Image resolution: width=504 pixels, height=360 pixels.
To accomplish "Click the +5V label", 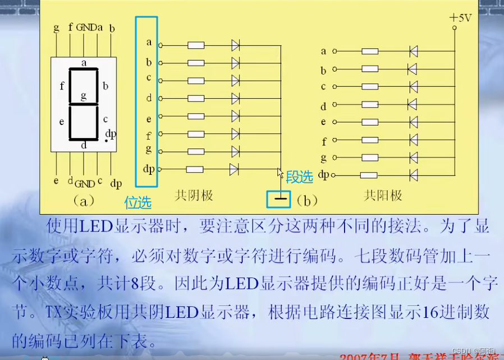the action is [460, 17].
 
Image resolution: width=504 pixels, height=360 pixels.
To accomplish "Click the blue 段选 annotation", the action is [299, 177].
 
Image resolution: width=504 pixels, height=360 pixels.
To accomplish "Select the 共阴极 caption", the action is [194, 195].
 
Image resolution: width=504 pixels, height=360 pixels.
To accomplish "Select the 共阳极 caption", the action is [383, 195].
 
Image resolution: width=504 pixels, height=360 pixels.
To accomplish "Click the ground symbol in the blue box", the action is [281, 199].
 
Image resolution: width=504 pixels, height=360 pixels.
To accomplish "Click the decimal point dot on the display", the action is [106, 141].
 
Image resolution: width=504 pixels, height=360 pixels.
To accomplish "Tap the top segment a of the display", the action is [84, 69].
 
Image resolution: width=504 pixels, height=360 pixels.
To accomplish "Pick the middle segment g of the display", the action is [84, 104].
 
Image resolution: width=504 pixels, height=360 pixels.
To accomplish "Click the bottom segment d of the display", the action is [84, 139].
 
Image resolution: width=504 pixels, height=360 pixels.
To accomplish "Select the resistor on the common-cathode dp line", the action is [195, 169].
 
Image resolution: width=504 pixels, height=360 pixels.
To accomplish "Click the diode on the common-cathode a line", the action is [235, 45].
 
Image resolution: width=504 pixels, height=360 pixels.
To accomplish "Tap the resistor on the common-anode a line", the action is [370, 52].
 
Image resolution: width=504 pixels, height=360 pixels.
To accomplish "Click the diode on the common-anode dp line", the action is [414, 175].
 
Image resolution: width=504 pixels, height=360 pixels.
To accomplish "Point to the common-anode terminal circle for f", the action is [335, 140].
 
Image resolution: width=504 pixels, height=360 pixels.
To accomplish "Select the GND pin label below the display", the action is [85, 184].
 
